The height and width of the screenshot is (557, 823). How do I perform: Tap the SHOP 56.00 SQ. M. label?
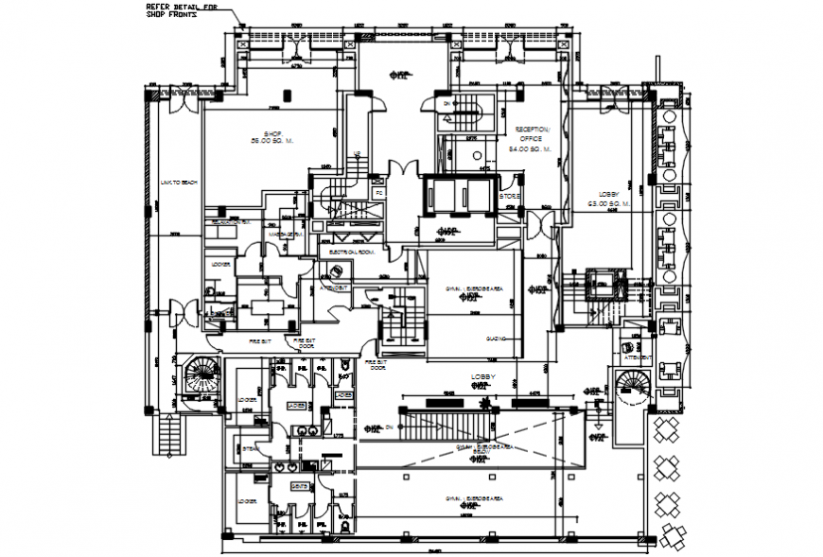coord(272,136)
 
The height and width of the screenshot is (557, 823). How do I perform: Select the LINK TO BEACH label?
coord(178,183)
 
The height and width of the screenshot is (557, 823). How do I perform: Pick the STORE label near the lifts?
coord(510,197)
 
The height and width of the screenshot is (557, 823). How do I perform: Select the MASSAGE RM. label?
coord(284,234)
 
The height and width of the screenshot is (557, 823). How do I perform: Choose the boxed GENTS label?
coord(298,485)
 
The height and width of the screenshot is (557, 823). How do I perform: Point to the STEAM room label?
coord(249,450)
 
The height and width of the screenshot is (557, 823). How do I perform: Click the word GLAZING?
coord(497,338)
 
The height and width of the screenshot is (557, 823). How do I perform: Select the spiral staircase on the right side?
coord(629,388)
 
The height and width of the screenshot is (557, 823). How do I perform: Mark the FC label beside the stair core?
coord(378,193)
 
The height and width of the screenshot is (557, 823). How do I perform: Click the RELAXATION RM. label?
coord(230,222)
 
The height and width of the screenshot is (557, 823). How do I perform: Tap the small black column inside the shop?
coord(288,94)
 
